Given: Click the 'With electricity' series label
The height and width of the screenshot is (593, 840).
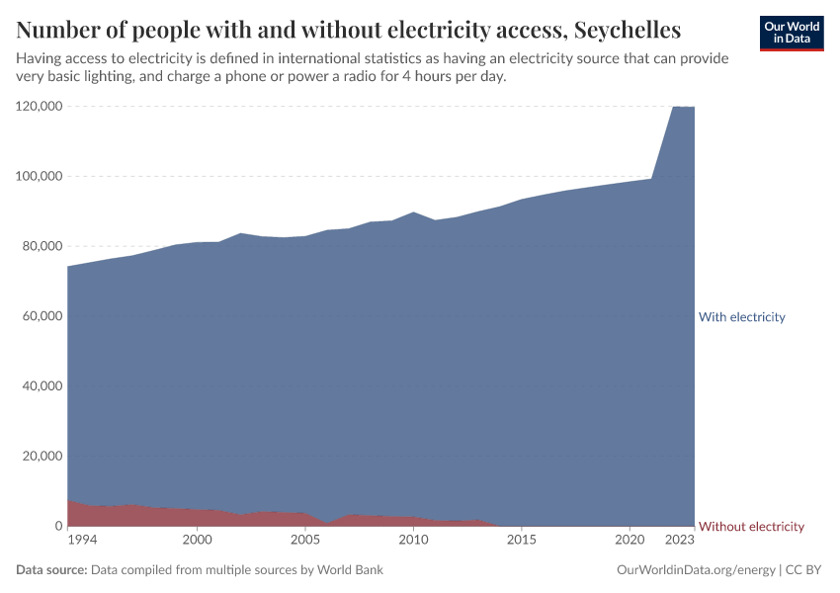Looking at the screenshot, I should click(x=741, y=317).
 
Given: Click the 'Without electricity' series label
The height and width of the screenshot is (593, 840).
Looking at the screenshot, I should click(x=751, y=527).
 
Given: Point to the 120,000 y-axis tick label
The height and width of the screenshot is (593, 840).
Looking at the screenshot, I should click(x=40, y=106).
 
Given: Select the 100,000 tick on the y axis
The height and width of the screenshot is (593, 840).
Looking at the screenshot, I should click(x=40, y=176).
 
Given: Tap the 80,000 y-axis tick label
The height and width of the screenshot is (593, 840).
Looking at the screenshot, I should click(x=42, y=246).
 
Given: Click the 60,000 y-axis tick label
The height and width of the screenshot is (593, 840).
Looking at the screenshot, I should click(x=42, y=316).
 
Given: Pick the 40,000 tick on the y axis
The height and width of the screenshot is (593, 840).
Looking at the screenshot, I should click(x=42, y=386).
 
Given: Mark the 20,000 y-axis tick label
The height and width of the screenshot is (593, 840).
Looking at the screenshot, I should click(x=42, y=457).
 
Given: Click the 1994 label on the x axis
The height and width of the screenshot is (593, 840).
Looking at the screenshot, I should click(x=82, y=541).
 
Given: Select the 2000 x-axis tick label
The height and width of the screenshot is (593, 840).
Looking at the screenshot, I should click(x=198, y=541).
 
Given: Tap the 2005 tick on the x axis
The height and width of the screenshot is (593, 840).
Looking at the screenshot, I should click(x=305, y=541).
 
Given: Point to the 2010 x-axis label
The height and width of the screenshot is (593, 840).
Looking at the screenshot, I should click(x=413, y=541).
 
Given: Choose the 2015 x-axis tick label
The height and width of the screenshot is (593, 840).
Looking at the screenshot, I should click(x=522, y=541).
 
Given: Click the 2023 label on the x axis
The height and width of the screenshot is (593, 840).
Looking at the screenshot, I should click(x=680, y=541).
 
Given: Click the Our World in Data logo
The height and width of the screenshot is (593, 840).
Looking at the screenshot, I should click(x=792, y=33).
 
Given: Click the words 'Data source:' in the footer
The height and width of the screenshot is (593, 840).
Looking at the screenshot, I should click(x=51, y=570).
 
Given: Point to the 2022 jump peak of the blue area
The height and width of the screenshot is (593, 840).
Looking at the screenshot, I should click(x=674, y=107).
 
